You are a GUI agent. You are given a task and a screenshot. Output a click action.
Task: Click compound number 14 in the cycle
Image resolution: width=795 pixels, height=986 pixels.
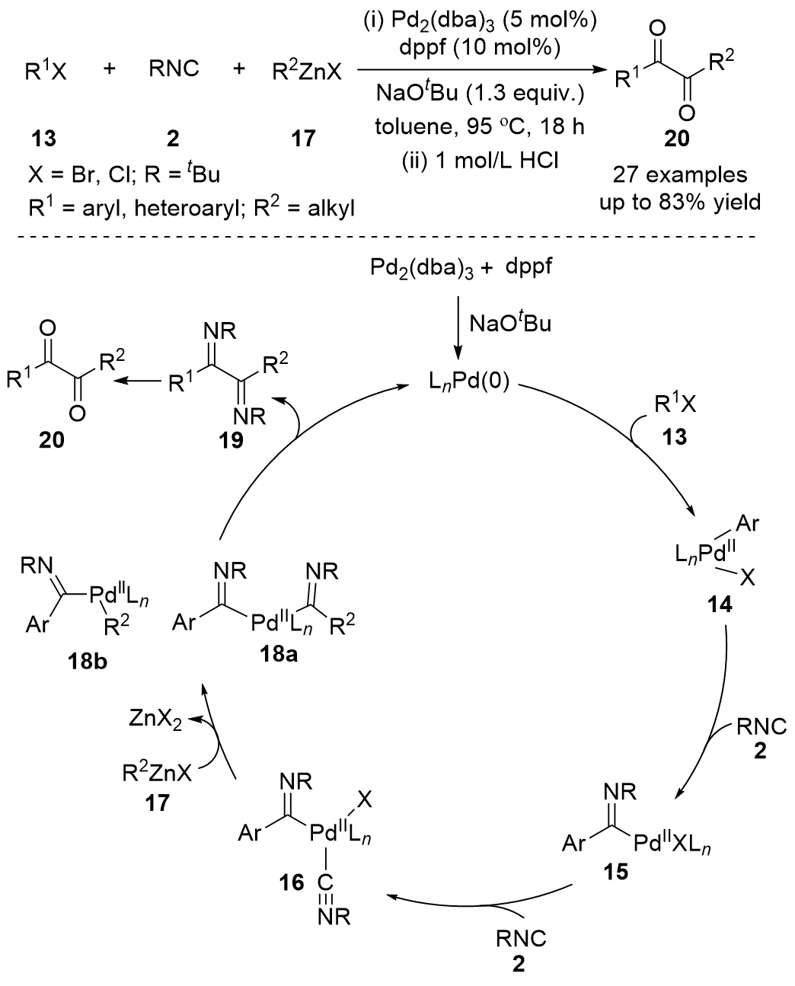click(x=719, y=605)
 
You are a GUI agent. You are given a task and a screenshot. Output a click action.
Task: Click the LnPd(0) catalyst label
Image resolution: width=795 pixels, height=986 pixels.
click(x=467, y=378)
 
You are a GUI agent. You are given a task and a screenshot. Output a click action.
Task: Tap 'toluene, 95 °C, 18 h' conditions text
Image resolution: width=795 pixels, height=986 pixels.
click(x=479, y=127)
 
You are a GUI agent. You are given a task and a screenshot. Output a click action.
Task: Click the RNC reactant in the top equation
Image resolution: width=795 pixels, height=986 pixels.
click(x=174, y=69)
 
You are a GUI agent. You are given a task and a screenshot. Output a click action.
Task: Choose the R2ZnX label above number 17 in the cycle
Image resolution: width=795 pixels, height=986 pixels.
click(x=157, y=775)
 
